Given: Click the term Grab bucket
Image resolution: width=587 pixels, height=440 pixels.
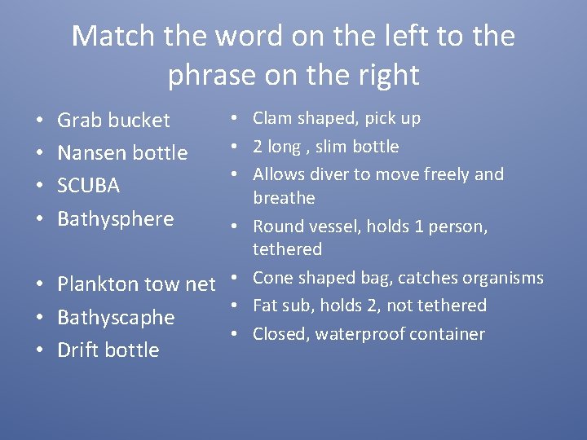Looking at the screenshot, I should (x=113, y=121).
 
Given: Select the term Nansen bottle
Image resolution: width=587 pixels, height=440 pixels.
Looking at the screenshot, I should (x=122, y=153).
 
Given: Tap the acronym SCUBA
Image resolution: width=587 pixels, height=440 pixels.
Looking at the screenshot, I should (x=88, y=186).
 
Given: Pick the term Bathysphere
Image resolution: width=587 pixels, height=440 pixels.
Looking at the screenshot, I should (x=115, y=219).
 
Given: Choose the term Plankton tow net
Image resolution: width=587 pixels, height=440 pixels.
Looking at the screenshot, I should (x=136, y=284).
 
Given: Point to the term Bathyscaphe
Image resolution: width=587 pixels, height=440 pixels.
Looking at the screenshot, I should (x=116, y=318).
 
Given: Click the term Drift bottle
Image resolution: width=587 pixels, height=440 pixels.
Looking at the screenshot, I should (x=108, y=350).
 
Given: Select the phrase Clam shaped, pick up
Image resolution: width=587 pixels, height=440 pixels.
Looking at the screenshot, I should (x=337, y=119).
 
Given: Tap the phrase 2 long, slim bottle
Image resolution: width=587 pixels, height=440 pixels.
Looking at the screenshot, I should (x=325, y=147).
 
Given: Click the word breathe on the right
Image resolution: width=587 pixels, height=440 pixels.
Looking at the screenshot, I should (x=284, y=198).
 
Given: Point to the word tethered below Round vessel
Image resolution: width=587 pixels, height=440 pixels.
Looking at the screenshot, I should (x=287, y=249).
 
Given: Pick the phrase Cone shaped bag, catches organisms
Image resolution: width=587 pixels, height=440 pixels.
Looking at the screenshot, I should (x=398, y=278).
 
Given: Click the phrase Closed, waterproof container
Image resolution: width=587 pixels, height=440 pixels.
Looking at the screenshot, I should (x=369, y=334).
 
